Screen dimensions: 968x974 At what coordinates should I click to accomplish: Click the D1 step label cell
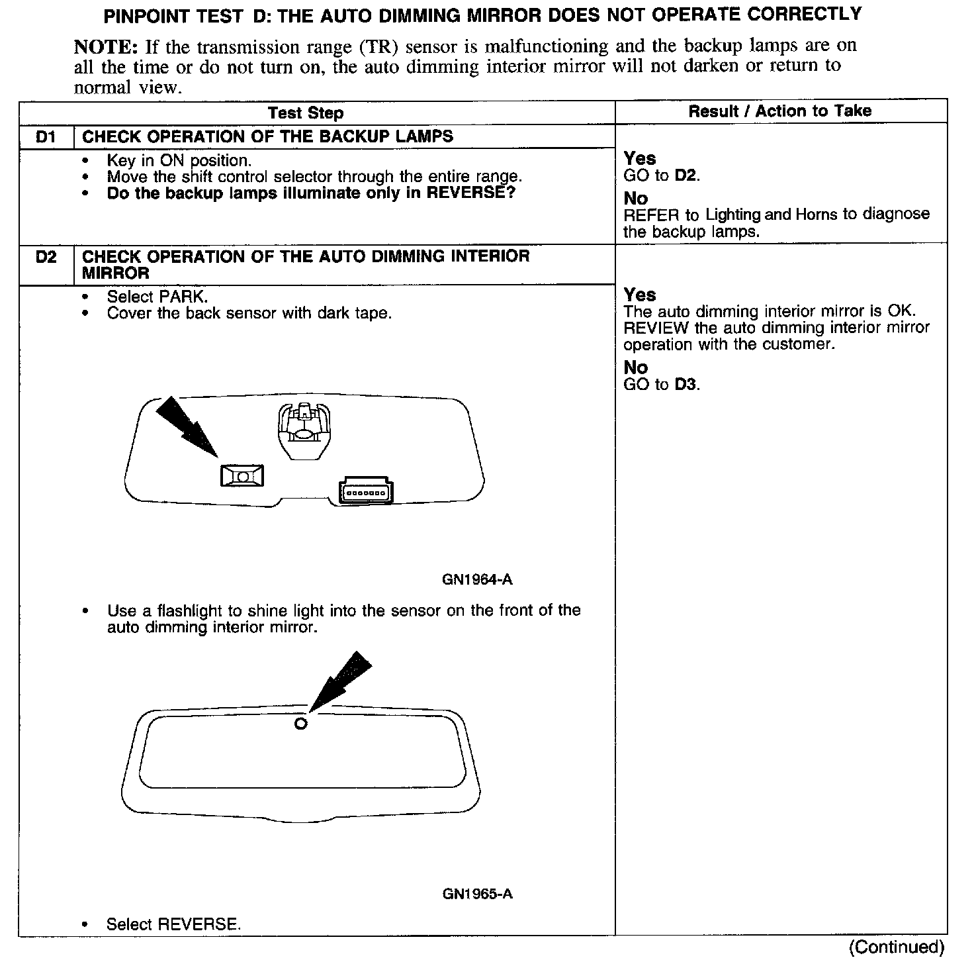point(46,136)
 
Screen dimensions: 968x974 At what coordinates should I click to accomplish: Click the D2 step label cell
point(46,257)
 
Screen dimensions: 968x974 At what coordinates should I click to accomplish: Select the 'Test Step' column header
point(306,113)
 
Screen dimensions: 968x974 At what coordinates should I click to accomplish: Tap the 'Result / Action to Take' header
point(780,111)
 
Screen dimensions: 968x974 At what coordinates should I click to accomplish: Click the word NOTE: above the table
point(106,46)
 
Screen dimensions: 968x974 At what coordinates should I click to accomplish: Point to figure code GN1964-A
point(476,580)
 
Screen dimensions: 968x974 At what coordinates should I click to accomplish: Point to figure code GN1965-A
point(477,894)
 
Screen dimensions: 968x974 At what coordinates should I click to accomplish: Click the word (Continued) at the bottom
point(897,947)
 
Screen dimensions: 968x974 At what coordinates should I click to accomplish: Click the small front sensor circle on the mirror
point(300,724)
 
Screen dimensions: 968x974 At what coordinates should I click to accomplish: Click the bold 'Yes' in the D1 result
point(640,159)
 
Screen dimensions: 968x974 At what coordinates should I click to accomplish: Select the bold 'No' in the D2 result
point(635,368)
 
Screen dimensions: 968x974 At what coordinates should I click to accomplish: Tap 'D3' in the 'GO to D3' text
point(686,385)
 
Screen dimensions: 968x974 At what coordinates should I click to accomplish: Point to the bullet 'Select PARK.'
point(157,297)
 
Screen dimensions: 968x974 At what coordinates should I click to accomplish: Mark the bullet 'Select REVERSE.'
point(173,924)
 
